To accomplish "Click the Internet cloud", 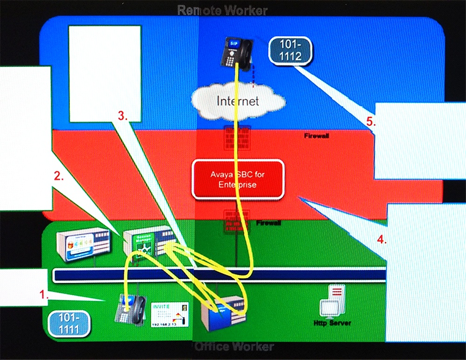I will (x=238, y=100).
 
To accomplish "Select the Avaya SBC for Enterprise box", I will (x=238, y=179).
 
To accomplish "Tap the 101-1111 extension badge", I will (x=69, y=324).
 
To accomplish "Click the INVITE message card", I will (x=170, y=314).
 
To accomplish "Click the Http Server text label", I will (x=332, y=323).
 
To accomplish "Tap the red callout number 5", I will (x=370, y=122).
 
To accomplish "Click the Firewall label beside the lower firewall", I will (x=268, y=223).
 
